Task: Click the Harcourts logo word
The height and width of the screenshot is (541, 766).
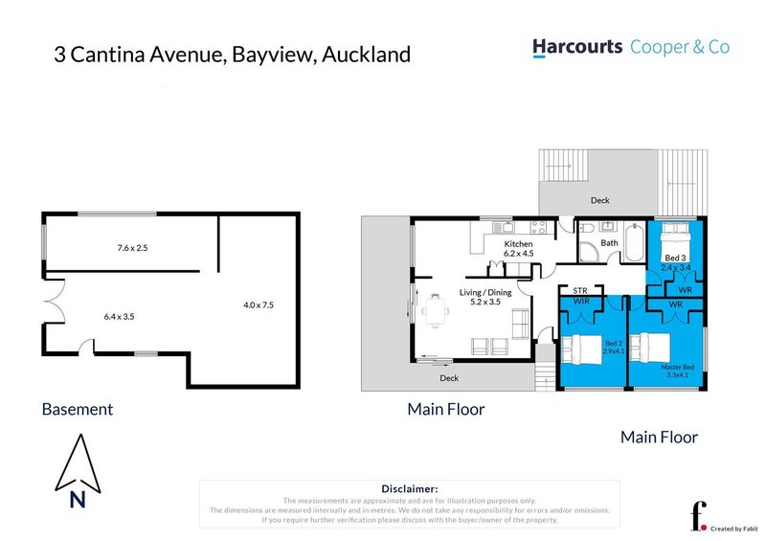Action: pyautogui.click(x=576, y=47)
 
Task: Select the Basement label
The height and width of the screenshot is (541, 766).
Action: pyautogui.click(x=78, y=409)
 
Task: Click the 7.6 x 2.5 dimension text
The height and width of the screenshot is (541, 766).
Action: pyautogui.click(x=128, y=248)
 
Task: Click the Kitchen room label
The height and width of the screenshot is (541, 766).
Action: pyautogui.click(x=518, y=245)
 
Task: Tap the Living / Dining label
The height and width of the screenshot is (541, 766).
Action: pyautogui.click(x=484, y=293)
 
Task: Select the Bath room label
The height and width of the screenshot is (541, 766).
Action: pyautogui.click(x=610, y=243)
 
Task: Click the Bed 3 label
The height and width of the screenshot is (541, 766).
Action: pyautogui.click(x=676, y=259)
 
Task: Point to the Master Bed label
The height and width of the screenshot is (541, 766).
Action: pyautogui.click(x=677, y=367)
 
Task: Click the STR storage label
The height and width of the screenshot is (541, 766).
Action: pyautogui.click(x=578, y=289)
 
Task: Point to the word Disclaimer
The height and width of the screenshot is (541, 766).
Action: pyautogui.click(x=409, y=488)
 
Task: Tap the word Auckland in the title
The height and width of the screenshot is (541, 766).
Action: pyautogui.click(x=366, y=54)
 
